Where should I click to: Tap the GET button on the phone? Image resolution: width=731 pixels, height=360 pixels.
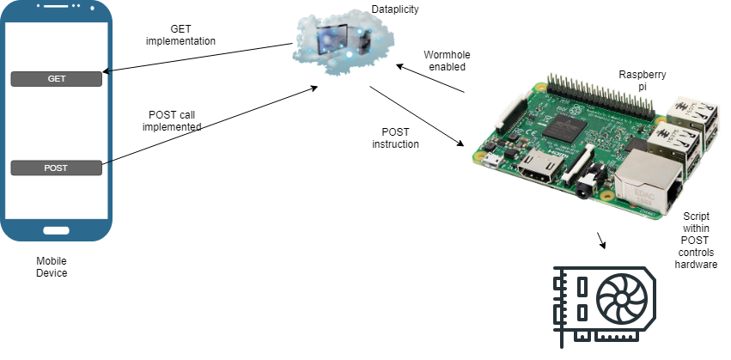pyautogui.click(x=57, y=79)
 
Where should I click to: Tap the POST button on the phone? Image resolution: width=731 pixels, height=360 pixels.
pyautogui.click(x=57, y=168)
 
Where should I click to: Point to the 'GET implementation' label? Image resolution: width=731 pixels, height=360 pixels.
pyautogui.click(x=180, y=34)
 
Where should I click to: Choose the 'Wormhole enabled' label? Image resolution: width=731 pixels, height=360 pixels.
pyautogui.click(x=447, y=61)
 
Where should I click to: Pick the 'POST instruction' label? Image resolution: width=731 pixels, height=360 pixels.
pyautogui.click(x=395, y=137)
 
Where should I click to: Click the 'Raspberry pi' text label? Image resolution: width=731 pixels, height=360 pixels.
pyautogui.click(x=643, y=81)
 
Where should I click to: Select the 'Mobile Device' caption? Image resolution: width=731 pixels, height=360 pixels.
pyautogui.click(x=52, y=266)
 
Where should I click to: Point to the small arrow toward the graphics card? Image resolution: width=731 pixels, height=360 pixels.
pyautogui.click(x=601, y=239)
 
